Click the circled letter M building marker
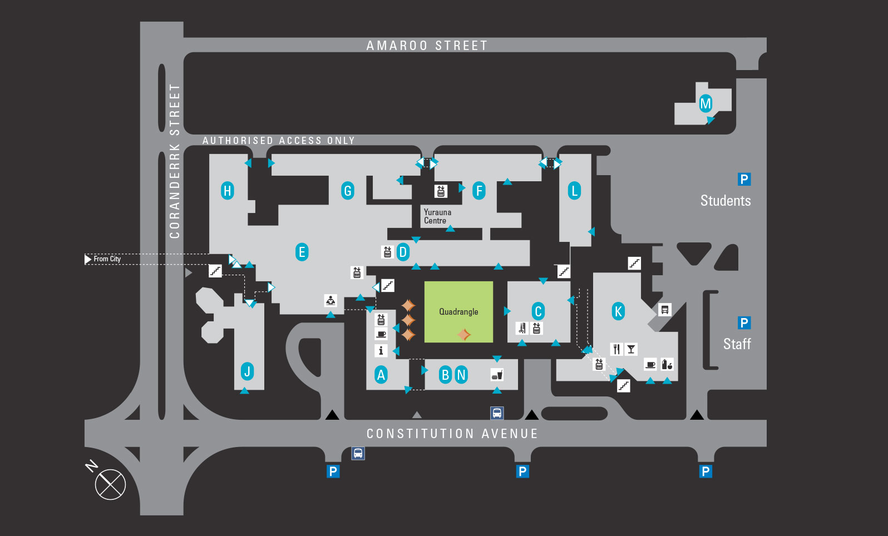coord(706,103)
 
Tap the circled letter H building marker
coord(227,191)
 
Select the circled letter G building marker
coord(348,191)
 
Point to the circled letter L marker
coord(574,191)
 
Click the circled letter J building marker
coord(248,371)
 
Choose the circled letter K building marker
coord(618,311)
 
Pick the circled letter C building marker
coord(537,311)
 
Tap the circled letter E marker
coord(302,252)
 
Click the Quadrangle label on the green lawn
coord(458,312)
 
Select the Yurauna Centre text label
coord(437,216)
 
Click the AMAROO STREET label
coord(427,46)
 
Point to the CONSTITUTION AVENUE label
coord(452,434)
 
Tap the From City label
coord(107,259)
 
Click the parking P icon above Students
coord(744,179)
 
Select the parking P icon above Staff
coord(744,323)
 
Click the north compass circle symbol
coord(110,484)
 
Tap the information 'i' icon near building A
coord(381,350)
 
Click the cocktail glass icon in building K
coord(631,349)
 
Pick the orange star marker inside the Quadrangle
coord(463,334)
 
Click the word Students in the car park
coord(726,201)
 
